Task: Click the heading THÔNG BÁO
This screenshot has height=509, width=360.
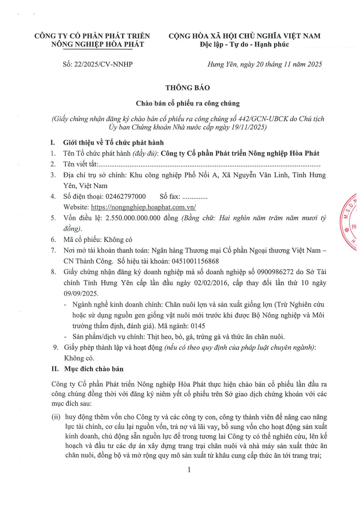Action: click(187, 88)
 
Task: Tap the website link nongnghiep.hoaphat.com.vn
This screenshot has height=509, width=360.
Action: click(143, 207)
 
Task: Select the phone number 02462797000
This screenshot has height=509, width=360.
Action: click(125, 197)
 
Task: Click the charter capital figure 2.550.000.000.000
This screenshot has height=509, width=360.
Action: click(133, 218)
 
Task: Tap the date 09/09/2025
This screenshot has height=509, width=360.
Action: click(80, 293)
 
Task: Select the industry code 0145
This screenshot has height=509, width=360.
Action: click(198, 326)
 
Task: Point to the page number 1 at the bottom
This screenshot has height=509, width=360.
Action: click(189, 470)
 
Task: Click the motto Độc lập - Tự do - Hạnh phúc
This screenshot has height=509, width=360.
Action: click(244, 45)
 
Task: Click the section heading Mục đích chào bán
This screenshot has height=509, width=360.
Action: click(94, 369)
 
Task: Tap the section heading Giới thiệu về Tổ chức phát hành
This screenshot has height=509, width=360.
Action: click(113, 143)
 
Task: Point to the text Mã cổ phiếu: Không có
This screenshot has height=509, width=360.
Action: click(98, 240)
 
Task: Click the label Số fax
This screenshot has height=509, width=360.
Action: click(170, 197)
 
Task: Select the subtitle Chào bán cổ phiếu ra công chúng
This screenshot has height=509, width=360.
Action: click(188, 103)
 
